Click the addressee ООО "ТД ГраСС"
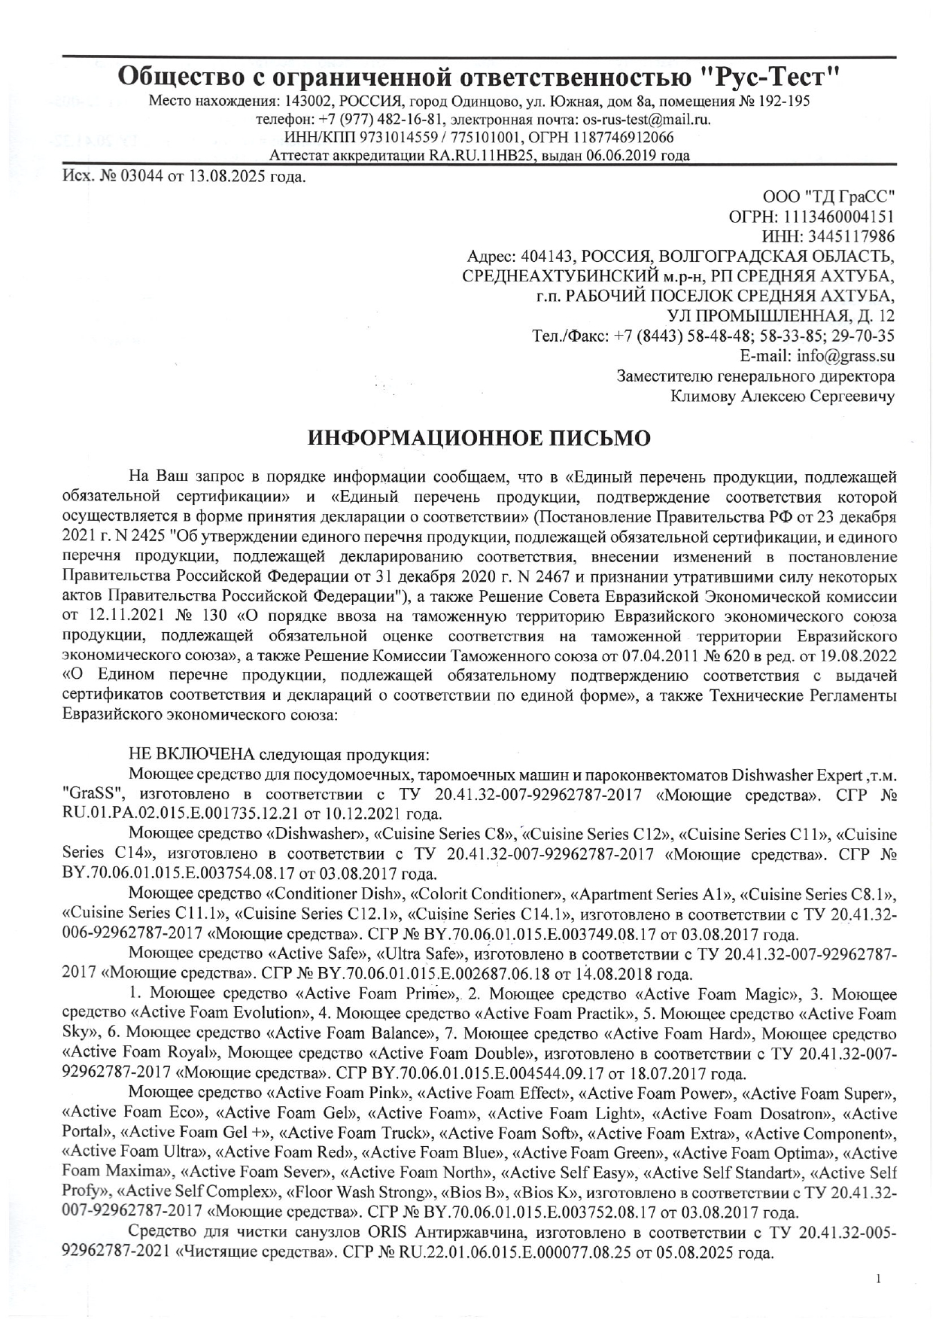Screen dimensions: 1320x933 click(828, 198)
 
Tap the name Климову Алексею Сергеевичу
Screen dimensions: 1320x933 click(782, 395)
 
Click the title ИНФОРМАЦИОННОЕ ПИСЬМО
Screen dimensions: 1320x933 click(479, 439)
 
